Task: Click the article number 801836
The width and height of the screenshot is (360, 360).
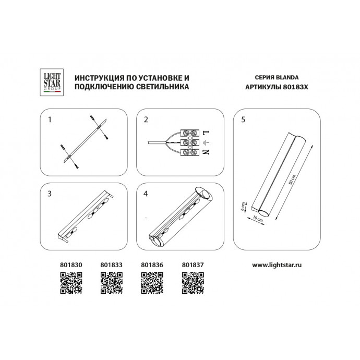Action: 150,265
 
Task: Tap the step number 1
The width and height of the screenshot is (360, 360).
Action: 50,119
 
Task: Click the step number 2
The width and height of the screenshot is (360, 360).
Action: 147,119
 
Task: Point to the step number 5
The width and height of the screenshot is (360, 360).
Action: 244,119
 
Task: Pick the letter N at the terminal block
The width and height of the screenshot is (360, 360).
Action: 205,152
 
